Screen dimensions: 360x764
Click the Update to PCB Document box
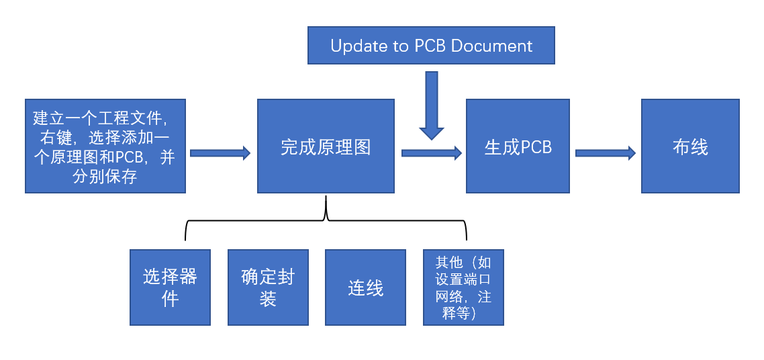coord(431,46)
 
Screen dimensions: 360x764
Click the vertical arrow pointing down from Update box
coord(432,104)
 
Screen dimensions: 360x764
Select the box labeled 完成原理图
coord(326,146)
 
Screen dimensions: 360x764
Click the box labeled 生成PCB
coord(518,146)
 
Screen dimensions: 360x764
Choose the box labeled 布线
coord(690,146)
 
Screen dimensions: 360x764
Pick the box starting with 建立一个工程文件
coord(105,146)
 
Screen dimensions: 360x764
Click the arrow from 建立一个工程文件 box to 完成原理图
coord(220,153)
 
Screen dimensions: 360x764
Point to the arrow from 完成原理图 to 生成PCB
coord(432,153)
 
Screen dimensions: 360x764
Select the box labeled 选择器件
coord(171,287)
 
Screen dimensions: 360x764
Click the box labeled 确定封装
coord(268,287)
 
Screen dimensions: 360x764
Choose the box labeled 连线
coord(366,287)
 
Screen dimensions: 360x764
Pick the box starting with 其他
coord(463,287)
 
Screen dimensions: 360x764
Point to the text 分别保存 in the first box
coord(105,177)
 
